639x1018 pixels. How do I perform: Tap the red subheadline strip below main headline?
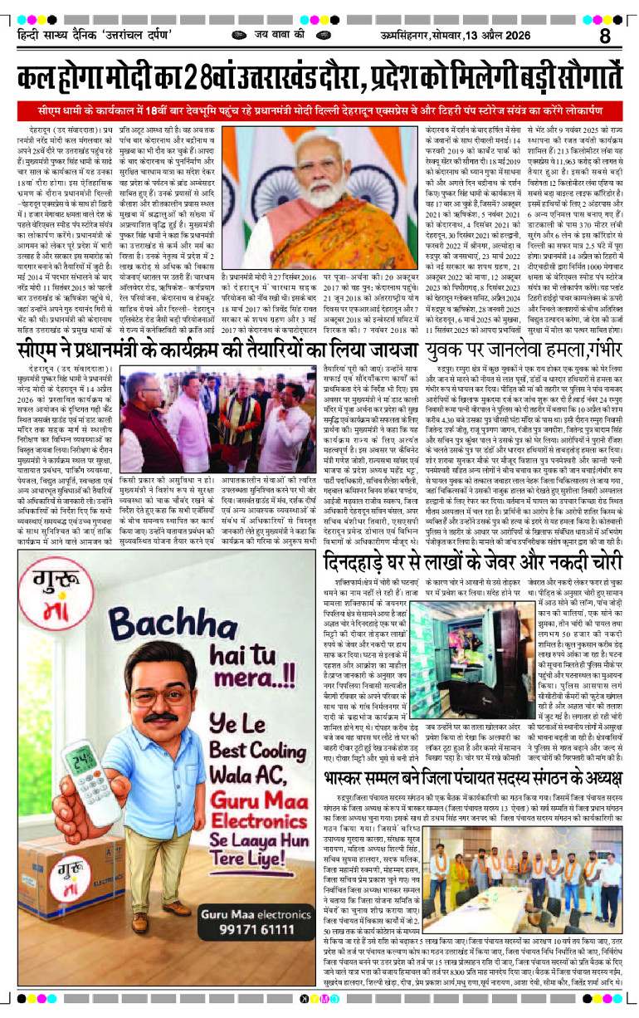click(319, 111)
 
